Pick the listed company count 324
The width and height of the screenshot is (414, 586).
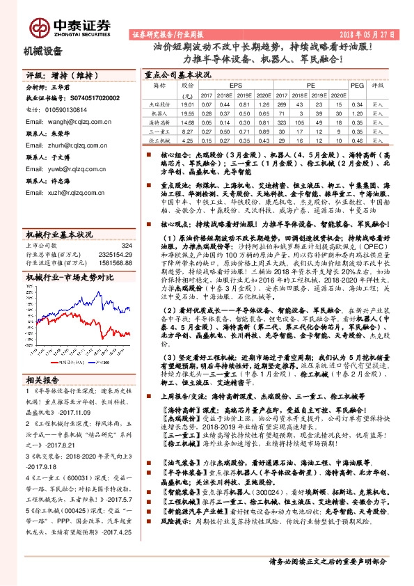(126, 245)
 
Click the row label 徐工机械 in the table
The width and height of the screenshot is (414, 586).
(160, 139)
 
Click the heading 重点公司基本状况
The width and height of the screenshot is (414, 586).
(177, 73)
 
